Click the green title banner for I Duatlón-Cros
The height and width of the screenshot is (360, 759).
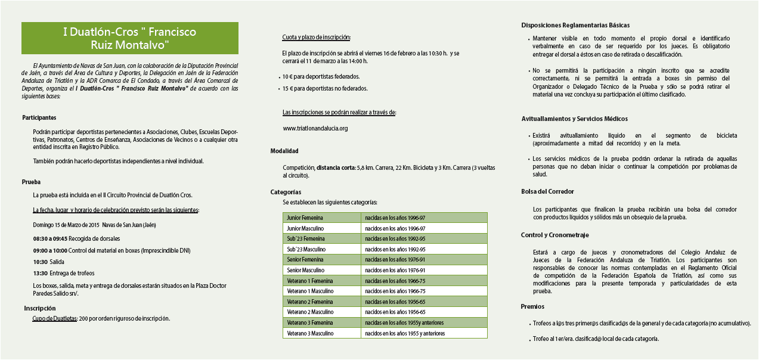pos(129,38)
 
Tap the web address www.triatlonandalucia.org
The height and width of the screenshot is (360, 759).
pos(315,128)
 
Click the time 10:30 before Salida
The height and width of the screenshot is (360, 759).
pos(41,262)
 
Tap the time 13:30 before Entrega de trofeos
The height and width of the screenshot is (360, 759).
pos(41,273)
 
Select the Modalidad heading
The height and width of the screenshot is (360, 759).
pos(284,151)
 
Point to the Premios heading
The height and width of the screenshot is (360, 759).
pos(532,307)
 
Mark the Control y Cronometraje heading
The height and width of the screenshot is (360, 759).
pos(555,235)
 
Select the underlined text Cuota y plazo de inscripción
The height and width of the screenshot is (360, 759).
pos(317,38)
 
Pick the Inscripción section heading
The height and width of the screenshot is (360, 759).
pos(40,308)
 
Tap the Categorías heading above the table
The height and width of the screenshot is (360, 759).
pos(286,193)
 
